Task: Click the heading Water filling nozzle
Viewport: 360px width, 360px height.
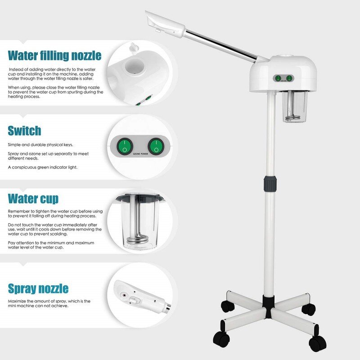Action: click(x=54, y=56)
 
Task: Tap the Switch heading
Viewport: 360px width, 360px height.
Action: click(x=24, y=131)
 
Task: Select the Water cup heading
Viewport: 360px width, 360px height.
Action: click(x=33, y=198)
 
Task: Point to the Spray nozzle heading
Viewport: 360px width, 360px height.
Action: click(x=38, y=288)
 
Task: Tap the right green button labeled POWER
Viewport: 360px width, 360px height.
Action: click(x=155, y=146)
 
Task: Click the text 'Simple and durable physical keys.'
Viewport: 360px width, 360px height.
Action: click(x=40, y=144)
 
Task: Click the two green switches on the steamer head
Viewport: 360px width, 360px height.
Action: click(x=283, y=78)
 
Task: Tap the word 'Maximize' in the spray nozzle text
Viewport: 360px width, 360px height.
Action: click(x=17, y=301)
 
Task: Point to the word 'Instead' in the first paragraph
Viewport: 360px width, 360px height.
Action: click(x=18, y=69)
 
